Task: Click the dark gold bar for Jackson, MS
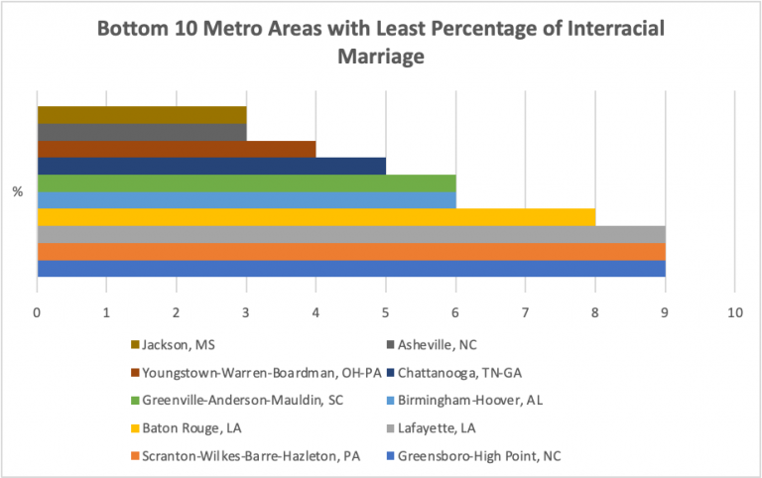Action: (x=141, y=114)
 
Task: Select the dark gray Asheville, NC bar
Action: (x=141, y=131)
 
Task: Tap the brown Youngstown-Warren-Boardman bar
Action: (x=176, y=149)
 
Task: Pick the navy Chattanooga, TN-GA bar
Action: (x=210, y=166)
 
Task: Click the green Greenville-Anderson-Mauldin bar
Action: (x=246, y=182)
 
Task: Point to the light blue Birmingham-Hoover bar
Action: (x=246, y=199)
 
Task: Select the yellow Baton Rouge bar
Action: (x=316, y=217)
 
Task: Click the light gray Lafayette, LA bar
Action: (x=350, y=234)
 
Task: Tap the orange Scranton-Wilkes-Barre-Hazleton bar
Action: (x=350, y=251)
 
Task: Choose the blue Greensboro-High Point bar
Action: (x=350, y=268)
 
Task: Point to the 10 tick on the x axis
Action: (x=734, y=312)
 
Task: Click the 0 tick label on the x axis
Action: (x=37, y=312)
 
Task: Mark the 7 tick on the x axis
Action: (x=525, y=312)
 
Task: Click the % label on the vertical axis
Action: (x=18, y=191)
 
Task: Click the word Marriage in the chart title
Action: (x=381, y=56)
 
